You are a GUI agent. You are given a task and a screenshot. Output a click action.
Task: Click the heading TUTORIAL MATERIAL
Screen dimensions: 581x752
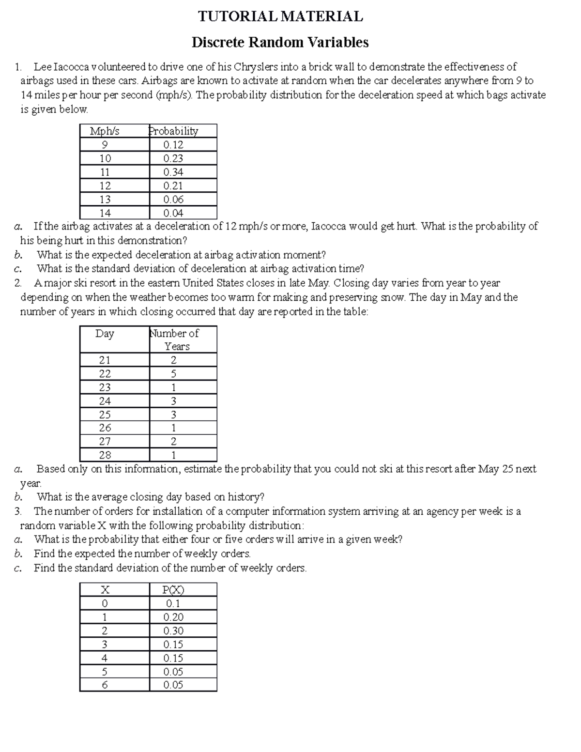click(280, 16)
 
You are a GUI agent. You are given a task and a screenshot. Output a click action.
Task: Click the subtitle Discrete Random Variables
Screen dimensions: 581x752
click(280, 43)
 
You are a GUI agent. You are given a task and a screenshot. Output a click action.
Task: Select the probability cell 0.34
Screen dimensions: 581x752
click(173, 172)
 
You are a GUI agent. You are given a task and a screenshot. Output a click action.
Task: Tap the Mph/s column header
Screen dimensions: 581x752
click(105, 131)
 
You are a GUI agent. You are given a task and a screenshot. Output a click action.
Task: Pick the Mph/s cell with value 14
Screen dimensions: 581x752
click(105, 213)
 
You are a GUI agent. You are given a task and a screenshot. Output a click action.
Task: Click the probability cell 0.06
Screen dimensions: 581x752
click(173, 200)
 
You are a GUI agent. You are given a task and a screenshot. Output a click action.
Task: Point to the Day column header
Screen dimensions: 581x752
click(105, 334)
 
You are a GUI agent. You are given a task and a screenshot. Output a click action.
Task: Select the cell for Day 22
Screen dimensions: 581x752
click(105, 374)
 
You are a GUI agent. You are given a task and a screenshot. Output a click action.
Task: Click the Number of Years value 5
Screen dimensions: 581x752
click(173, 374)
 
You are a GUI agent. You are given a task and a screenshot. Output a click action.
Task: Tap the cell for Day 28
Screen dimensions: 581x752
click(105, 455)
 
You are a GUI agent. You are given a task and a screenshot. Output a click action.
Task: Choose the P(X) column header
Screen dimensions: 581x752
click(173, 590)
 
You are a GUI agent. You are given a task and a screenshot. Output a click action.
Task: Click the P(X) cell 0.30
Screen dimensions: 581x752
click(173, 631)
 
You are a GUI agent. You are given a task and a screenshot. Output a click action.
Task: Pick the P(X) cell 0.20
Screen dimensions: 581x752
click(173, 617)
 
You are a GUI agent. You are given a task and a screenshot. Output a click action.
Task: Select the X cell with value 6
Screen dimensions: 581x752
click(105, 685)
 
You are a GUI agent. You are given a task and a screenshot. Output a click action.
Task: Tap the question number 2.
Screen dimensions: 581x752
click(17, 283)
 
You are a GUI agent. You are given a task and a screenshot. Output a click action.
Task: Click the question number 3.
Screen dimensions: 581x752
click(17, 511)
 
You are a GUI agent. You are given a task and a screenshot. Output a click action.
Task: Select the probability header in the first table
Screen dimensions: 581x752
click(173, 131)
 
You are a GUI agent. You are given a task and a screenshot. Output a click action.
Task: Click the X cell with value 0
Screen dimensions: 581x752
click(105, 604)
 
